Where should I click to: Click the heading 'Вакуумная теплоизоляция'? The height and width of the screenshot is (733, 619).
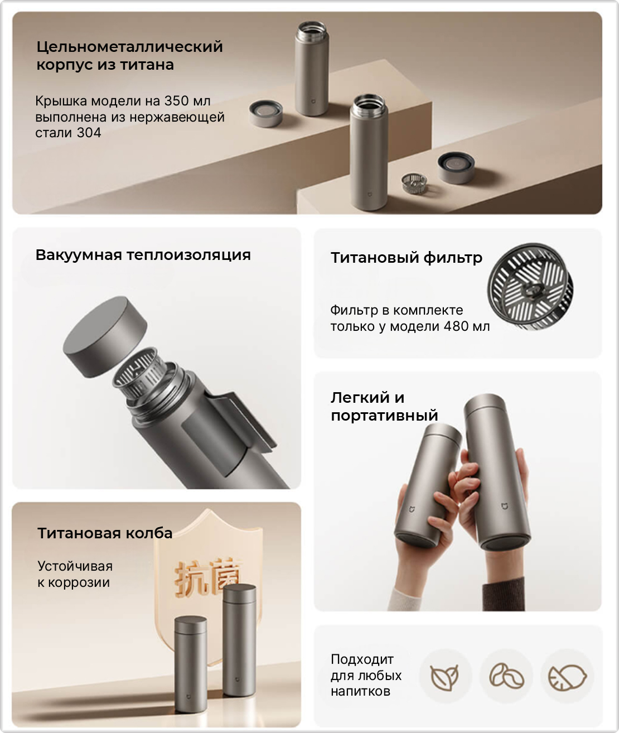143,255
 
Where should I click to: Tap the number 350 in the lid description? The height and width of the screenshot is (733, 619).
177,101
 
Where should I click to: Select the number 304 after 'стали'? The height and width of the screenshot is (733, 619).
89,133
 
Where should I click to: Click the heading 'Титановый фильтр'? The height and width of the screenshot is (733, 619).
407,258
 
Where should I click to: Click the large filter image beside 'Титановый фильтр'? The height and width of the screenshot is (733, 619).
530,287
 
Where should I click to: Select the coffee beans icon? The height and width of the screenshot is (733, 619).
506,675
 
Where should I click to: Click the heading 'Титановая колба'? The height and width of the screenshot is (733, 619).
105,533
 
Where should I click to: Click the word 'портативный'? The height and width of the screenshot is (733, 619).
384,415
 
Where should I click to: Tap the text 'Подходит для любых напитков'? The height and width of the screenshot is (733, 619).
366,675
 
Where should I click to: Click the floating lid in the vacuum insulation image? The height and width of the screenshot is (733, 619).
105,337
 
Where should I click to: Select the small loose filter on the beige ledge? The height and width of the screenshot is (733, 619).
414,182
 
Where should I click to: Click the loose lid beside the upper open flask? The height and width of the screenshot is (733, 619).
266,113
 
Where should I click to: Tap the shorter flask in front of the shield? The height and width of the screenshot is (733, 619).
191,664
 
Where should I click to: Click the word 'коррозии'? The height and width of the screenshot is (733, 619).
79,583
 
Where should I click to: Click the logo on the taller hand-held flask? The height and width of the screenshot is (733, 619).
505,506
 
